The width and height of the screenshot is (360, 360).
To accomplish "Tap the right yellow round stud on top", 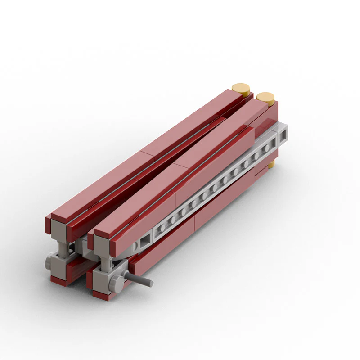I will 265,98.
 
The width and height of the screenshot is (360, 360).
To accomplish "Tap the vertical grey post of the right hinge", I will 105,264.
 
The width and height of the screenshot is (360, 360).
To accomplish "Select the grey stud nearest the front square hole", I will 161,229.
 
